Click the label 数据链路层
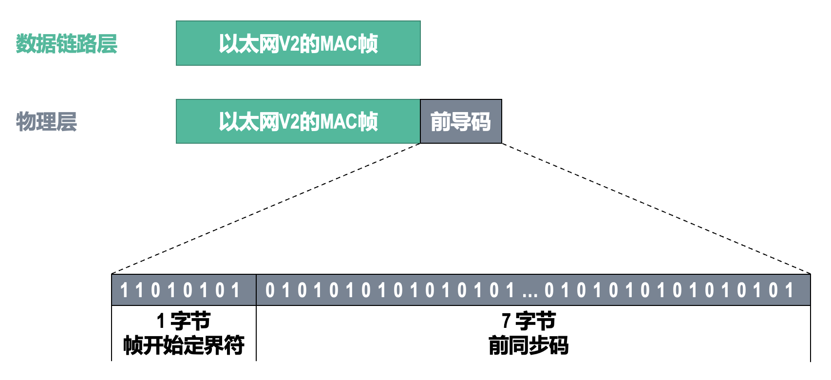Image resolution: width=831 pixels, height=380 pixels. tap(67, 43)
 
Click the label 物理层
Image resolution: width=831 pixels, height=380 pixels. tap(47, 121)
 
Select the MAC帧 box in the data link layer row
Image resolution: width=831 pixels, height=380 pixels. tap(298, 43)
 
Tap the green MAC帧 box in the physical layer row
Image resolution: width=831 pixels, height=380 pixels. tap(298, 121)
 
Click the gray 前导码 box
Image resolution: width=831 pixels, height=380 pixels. tap(461, 121)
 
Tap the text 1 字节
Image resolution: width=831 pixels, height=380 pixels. tap(184, 322)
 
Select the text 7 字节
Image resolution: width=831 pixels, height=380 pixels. tap(529, 322)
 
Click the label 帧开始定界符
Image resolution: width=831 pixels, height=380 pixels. tap(184, 345)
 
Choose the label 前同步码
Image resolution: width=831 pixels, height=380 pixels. tap(529, 345)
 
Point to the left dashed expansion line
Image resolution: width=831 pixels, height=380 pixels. tap(265, 209)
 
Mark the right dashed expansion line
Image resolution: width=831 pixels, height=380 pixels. tap(656, 209)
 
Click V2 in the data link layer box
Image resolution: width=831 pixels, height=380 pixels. tap(289, 44)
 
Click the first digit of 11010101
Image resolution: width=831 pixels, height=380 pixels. tap(124, 290)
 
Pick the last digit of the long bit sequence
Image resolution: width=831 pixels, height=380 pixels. tap(790, 290)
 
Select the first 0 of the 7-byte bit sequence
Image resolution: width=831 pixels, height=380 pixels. tap(270, 290)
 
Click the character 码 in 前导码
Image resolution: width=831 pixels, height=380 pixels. tap(481, 121)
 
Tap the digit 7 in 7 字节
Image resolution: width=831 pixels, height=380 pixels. tap(506, 322)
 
